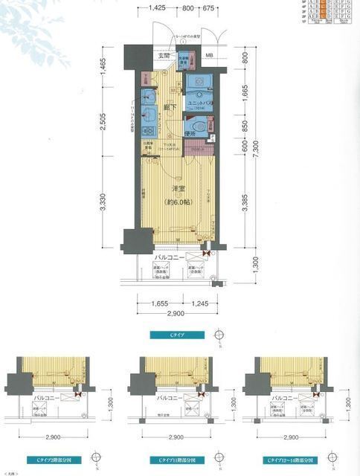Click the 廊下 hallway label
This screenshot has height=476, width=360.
170,109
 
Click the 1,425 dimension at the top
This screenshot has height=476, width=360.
156,7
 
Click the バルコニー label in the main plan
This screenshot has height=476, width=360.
170,260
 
